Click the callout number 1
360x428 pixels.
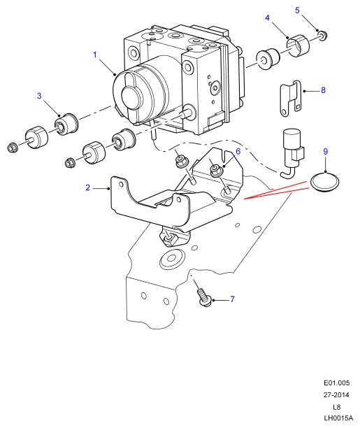pos(95,55)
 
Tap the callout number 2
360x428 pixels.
pos(87,187)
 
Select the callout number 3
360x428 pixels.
pos(39,96)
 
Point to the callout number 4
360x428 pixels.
pos(267,17)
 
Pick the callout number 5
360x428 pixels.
pos(297,10)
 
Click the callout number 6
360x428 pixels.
pos(238,151)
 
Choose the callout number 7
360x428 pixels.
pos(232,299)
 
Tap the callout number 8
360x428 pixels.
pos(323,90)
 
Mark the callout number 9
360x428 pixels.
pos(325,151)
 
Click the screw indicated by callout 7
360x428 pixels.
pos(204,297)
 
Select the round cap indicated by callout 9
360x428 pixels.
pos(325,183)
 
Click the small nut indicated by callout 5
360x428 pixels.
pos(323,36)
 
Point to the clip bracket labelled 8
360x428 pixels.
pos(290,99)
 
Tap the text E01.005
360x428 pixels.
pos(336,383)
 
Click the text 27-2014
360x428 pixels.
pos(336,395)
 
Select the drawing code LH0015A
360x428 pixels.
pos(338,418)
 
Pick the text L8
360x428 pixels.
pos(336,407)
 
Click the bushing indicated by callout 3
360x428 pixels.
pos(66,124)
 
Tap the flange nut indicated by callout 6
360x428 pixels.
pos(217,170)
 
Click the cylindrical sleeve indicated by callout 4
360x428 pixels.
pos(298,46)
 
